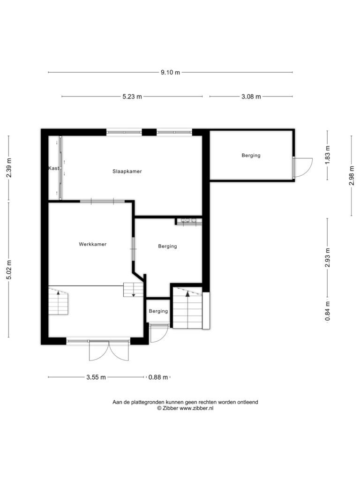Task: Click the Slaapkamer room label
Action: click(x=127, y=172)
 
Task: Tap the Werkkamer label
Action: click(x=93, y=244)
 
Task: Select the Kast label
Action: click(x=53, y=168)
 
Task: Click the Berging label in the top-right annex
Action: click(x=251, y=156)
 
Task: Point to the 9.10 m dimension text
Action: click(x=171, y=73)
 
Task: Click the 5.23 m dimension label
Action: click(x=132, y=97)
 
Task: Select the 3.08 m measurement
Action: click(x=251, y=97)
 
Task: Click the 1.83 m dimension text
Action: click(x=328, y=155)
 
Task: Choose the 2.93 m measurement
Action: click(x=328, y=257)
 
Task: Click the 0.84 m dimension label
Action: click(x=328, y=311)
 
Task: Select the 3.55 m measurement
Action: click(x=96, y=377)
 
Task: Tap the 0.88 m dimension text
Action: click(x=158, y=377)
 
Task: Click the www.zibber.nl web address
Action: click(x=196, y=408)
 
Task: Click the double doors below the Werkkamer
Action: click(x=109, y=351)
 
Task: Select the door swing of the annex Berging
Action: click(x=302, y=168)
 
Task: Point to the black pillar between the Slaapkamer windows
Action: click(x=150, y=132)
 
